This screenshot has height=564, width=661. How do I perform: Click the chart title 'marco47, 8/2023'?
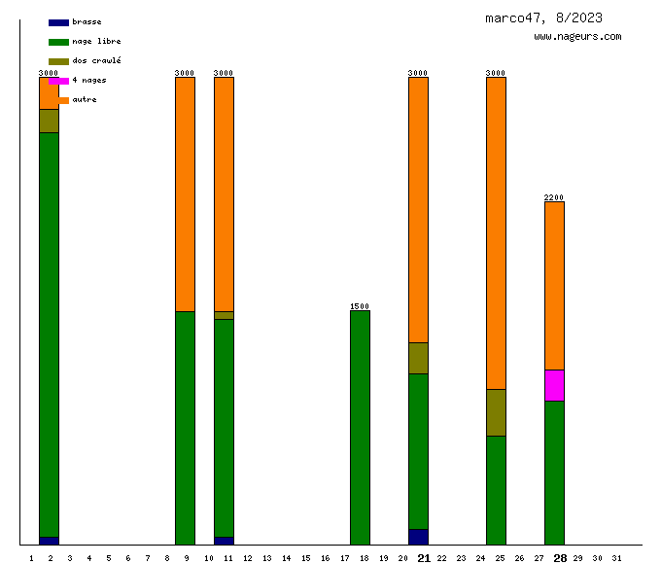click(x=543, y=18)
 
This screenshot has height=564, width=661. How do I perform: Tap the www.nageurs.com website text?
click(x=577, y=37)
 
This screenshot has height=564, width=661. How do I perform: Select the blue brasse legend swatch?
click(x=58, y=22)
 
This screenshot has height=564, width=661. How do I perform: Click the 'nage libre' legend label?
click(x=96, y=42)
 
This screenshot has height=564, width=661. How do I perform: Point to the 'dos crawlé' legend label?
click(x=96, y=61)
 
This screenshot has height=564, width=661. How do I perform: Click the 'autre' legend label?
click(x=85, y=100)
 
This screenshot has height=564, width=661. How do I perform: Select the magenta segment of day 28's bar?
click(x=554, y=385)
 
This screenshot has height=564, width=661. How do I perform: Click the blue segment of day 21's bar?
click(x=418, y=537)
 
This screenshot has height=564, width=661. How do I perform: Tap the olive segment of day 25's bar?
click(x=496, y=412)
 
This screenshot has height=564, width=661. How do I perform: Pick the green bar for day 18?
click(x=360, y=428)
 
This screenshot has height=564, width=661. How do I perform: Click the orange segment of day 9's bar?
click(x=185, y=194)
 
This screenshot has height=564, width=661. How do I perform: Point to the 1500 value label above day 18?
click(x=360, y=306)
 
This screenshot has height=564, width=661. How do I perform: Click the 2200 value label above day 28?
click(x=554, y=197)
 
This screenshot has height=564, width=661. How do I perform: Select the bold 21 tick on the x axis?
click(x=423, y=558)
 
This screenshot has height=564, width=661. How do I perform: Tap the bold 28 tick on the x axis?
click(x=560, y=558)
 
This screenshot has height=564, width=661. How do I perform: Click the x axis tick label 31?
click(x=616, y=558)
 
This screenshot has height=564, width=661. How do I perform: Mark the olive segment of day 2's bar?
click(x=49, y=121)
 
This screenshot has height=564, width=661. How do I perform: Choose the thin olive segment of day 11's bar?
click(x=224, y=315)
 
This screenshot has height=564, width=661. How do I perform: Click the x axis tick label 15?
click(x=305, y=558)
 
